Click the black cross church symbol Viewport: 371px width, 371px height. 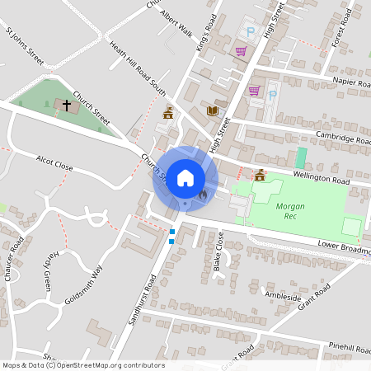pyautogui.click(x=66, y=106)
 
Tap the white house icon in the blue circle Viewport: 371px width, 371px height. pyautogui.click(x=185, y=176)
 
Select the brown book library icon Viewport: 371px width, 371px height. pyautogui.click(x=213, y=110)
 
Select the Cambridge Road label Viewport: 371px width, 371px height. pyautogui.click(x=336, y=138)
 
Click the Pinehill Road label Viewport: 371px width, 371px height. pyautogui.click(x=350, y=348)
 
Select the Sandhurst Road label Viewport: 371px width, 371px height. pyautogui.click(x=140, y=309)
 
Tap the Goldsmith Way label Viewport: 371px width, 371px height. pyautogui.click(x=86, y=285)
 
